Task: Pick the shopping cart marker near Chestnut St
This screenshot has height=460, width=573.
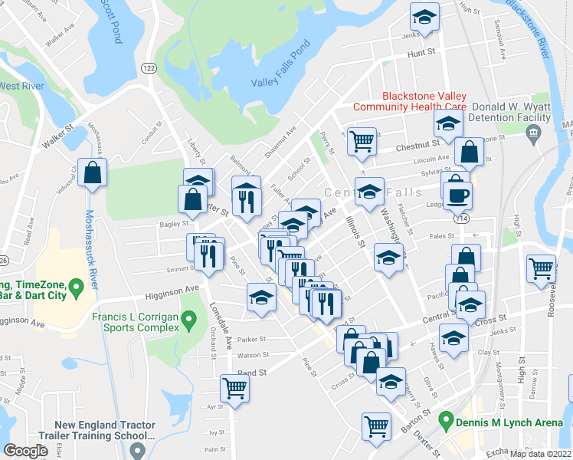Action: click(x=362, y=142)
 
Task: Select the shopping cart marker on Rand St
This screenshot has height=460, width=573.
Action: click(x=234, y=388)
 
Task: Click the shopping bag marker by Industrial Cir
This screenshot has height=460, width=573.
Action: click(x=93, y=174)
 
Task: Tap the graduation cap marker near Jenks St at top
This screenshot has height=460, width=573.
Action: click(x=424, y=16)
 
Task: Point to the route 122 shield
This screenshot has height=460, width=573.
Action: click(x=148, y=68)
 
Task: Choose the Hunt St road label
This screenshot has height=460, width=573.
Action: click(x=421, y=54)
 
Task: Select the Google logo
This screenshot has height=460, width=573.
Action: click(x=26, y=451)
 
